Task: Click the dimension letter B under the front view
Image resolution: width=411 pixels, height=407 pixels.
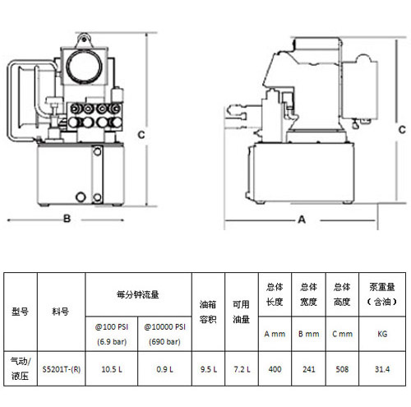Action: coord(67,219)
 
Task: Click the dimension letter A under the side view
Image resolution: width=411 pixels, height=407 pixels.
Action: coord(302,220)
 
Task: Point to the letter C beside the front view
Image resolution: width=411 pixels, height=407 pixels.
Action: coord(141,135)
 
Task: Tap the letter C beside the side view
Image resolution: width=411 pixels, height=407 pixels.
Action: coord(402,130)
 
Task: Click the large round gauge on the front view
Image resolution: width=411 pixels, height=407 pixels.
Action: coord(85,67)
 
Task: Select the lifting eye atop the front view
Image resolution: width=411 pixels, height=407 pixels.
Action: coord(84,40)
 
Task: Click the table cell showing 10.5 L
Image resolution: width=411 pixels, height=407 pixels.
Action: coord(112,369)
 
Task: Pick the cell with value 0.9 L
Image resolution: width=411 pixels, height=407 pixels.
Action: coord(164,369)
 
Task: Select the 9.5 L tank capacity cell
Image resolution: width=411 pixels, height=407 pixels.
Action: coord(209,369)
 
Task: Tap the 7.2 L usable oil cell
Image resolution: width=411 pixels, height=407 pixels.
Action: coord(242,369)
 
